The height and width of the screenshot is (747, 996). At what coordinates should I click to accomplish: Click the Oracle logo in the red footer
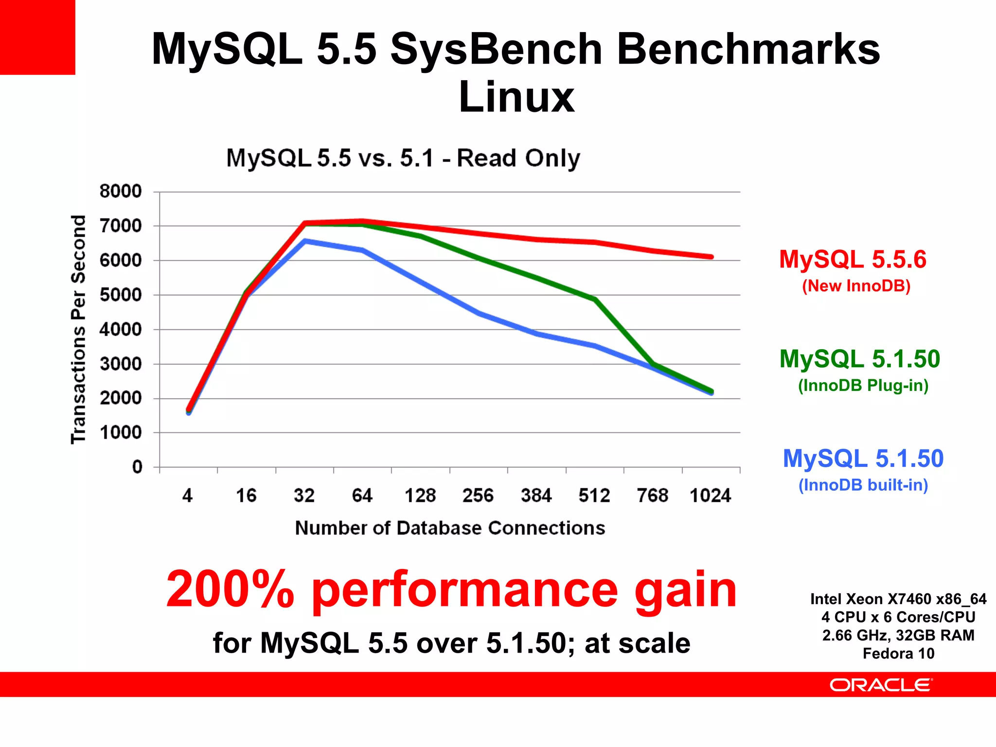point(881,685)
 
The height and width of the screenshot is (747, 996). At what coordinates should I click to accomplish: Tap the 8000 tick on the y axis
point(120,191)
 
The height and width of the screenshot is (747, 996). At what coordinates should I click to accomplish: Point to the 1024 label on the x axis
point(710,496)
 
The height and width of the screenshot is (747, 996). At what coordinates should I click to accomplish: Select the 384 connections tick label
point(536,496)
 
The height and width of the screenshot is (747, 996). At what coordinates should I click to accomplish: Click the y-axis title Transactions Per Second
point(78,329)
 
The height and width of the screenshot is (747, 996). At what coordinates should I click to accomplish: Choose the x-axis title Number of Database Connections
point(450,528)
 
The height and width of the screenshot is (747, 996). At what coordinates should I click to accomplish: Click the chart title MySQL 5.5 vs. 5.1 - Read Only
point(403,158)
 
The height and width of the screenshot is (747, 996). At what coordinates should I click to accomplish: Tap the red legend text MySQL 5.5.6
point(853,259)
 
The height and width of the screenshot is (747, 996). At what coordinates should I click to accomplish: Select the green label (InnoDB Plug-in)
point(863,385)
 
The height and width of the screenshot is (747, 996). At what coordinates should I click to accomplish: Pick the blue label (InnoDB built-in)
point(863,485)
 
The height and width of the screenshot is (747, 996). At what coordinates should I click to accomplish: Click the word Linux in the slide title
point(516,97)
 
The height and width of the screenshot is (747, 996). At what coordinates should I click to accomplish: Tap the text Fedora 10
point(898,653)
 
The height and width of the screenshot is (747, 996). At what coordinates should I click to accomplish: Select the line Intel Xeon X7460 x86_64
point(898,599)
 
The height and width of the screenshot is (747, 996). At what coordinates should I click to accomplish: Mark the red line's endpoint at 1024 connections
point(711,257)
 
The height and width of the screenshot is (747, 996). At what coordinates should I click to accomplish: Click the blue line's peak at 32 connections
point(305,241)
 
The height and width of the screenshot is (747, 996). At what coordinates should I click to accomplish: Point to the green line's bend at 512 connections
point(595,299)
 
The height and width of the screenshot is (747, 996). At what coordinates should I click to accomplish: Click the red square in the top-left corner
point(37,37)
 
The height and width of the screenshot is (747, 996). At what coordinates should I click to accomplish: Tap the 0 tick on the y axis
point(137,467)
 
